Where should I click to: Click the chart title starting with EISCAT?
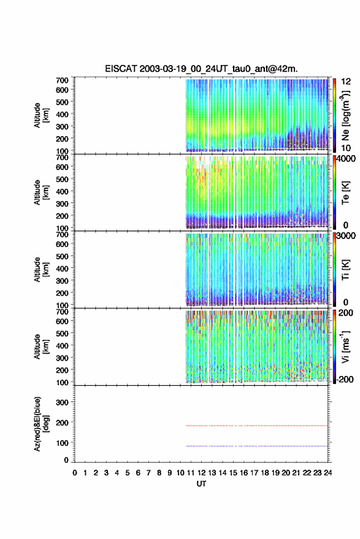coord(201,69)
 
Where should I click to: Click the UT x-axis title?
coord(201,484)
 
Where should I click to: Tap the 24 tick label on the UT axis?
coord(327,473)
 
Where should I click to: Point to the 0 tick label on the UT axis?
coord(75,473)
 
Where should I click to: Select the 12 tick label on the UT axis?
coord(202,473)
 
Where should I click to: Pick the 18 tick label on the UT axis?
coord(265,473)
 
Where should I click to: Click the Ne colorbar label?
coord(345,115)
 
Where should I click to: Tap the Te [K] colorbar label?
coord(345,193)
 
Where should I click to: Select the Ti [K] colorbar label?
coord(345,270)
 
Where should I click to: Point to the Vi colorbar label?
coord(345,346)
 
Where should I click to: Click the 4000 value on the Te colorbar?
coord(346,159)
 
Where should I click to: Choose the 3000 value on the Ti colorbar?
coord(346,236)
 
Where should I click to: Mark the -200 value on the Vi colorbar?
coord(345,379)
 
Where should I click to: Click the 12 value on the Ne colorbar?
coord(346,82)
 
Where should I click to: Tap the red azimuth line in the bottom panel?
coord(256,426)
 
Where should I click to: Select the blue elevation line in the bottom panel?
coord(256,446)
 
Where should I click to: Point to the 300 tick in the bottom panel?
coord(62,402)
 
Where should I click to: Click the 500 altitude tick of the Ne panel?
coord(62,102)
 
